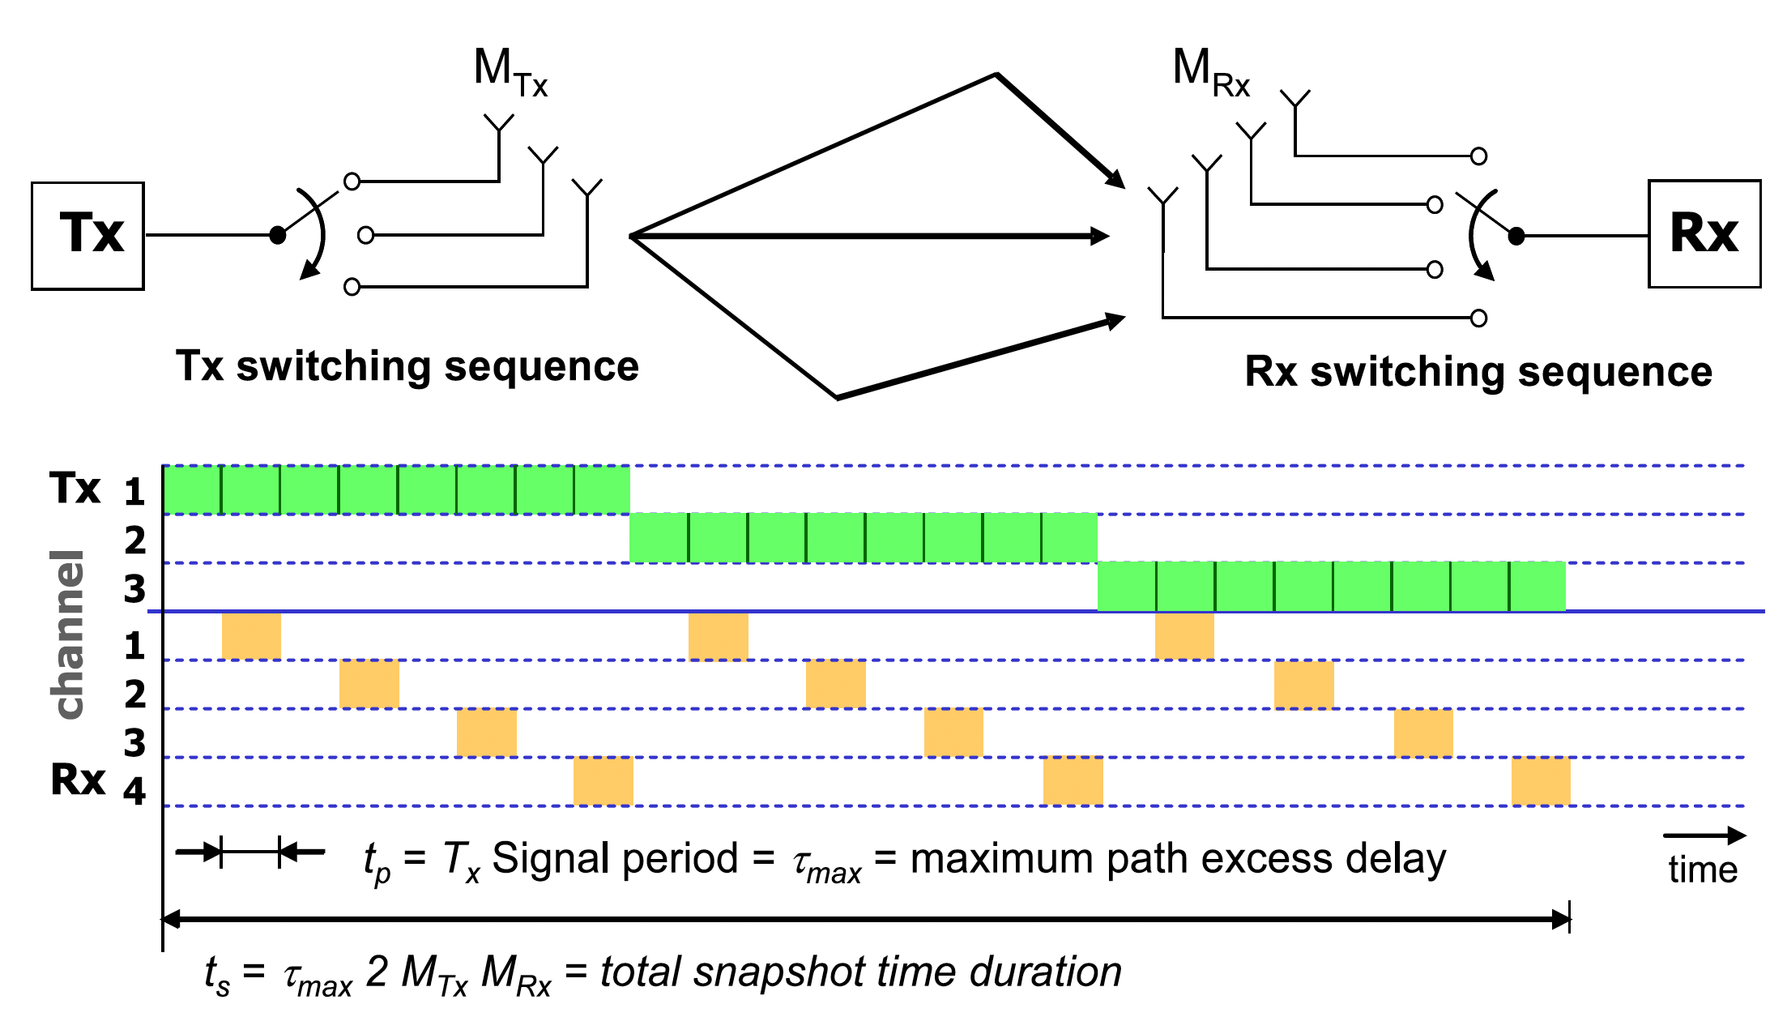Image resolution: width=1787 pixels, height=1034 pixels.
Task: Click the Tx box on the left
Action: (x=88, y=236)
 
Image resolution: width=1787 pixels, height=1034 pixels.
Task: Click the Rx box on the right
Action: (x=1704, y=234)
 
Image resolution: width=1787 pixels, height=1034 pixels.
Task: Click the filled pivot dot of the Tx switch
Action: (x=278, y=236)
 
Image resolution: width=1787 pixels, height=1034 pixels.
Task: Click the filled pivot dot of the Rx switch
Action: (x=1516, y=237)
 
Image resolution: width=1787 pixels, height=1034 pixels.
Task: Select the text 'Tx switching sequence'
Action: (x=407, y=366)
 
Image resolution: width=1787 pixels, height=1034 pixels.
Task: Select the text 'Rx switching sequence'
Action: (x=1478, y=372)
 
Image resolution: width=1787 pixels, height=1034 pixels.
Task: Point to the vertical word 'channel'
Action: (x=68, y=634)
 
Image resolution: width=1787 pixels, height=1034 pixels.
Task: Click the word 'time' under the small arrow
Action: (x=1703, y=870)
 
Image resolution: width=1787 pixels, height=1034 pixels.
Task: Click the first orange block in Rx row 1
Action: (x=251, y=636)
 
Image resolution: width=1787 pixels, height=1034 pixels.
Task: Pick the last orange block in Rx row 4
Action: (x=1541, y=781)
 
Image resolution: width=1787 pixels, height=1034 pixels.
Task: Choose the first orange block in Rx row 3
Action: (x=486, y=733)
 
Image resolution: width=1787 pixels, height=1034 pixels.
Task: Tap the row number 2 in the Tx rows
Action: (x=135, y=540)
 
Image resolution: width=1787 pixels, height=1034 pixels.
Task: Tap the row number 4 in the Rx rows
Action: (x=134, y=791)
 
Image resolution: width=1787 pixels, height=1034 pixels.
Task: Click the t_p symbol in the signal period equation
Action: (x=377, y=862)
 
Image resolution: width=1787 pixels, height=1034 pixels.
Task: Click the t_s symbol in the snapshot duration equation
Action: (x=217, y=975)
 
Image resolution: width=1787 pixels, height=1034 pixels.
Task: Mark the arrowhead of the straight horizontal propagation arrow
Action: (x=1100, y=237)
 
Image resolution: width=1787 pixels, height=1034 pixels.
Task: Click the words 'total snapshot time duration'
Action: (x=860, y=972)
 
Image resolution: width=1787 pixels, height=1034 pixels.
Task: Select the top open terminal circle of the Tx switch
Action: (x=352, y=182)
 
